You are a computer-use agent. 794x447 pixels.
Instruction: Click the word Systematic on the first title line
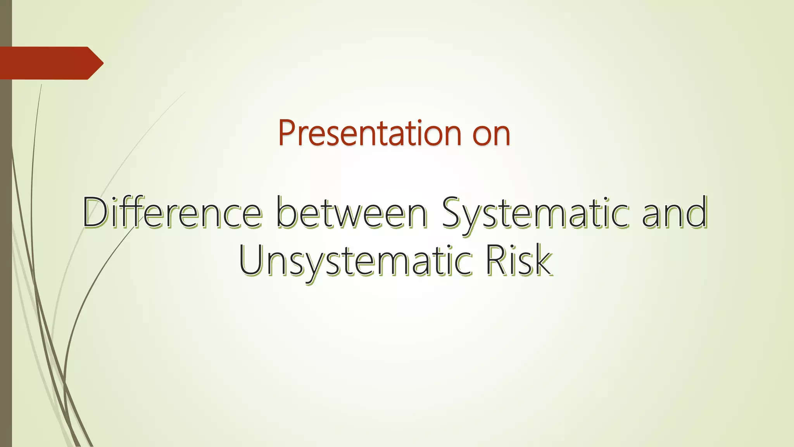point(535,213)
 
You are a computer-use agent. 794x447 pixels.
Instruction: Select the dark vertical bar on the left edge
point(6,272)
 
